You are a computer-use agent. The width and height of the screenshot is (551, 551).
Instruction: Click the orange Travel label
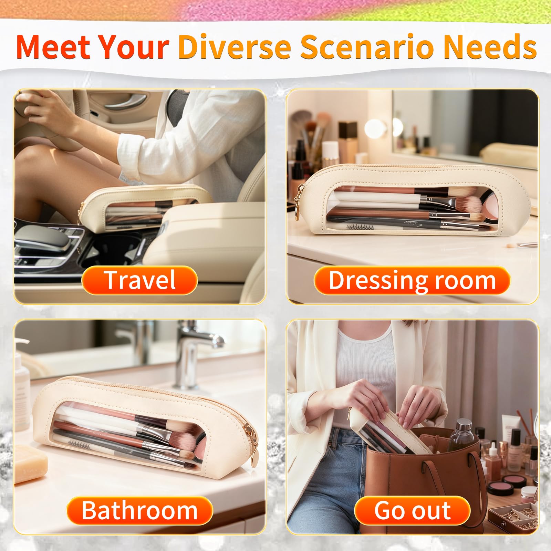[x=140, y=280]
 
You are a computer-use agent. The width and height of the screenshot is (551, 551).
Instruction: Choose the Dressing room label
[x=412, y=280]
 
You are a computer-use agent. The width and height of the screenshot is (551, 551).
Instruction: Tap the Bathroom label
[x=140, y=510]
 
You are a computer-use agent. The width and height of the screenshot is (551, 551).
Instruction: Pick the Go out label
[x=412, y=510]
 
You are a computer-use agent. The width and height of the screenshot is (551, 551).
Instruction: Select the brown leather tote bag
[x=425, y=479]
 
